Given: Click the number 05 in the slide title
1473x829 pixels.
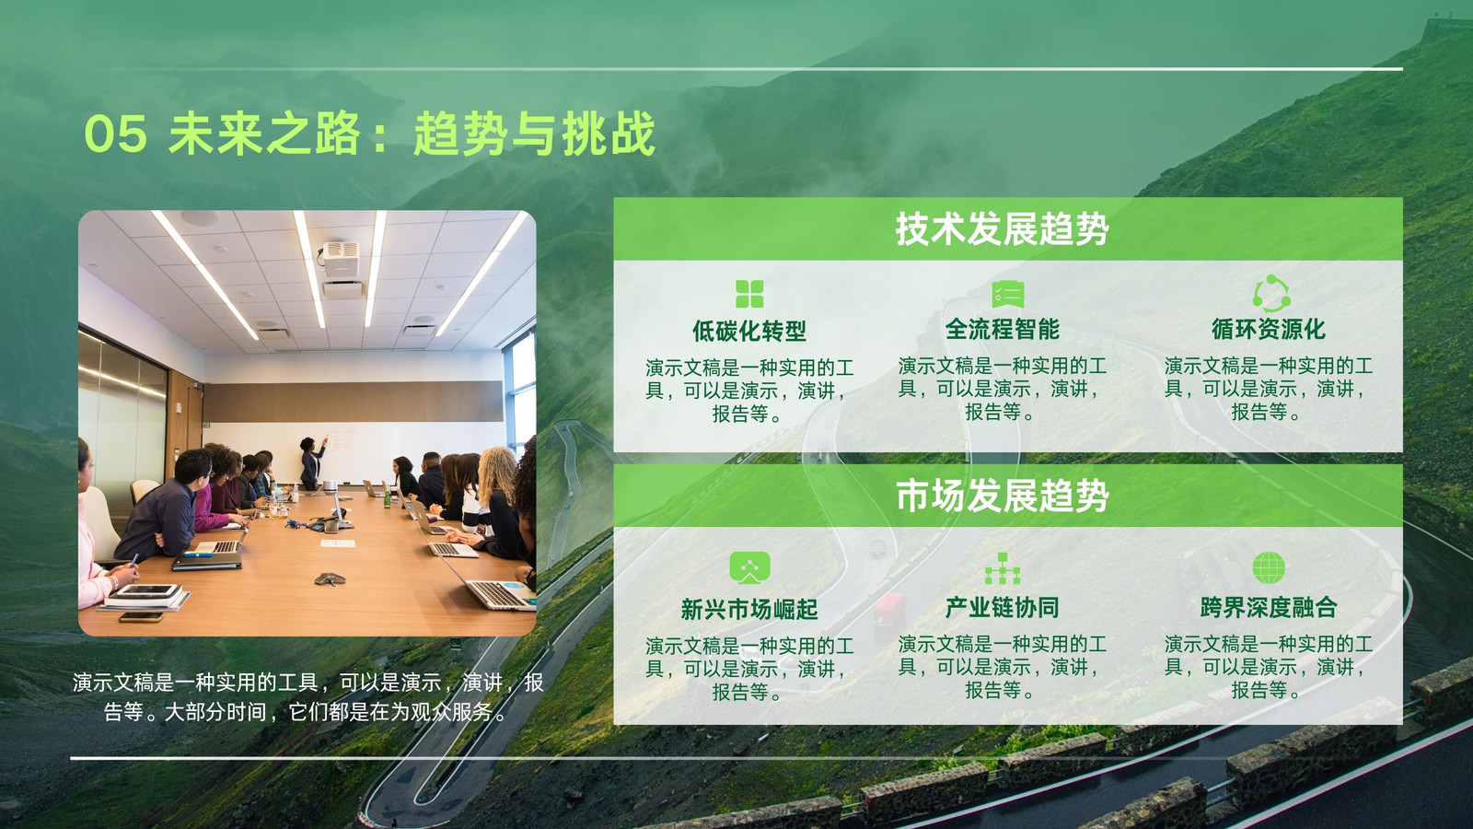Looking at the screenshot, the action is (x=116, y=134).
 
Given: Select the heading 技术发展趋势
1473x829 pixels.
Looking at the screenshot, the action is (x=1003, y=229).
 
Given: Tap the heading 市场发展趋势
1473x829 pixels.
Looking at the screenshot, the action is (x=1003, y=496).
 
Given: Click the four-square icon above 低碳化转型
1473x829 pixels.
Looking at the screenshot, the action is (x=749, y=294).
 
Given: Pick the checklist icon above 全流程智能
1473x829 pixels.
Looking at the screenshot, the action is (x=1007, y=294).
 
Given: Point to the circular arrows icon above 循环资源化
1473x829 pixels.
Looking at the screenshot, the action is (x=1271, y=294).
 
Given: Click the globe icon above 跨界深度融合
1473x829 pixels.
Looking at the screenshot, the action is (x=1269, y=567).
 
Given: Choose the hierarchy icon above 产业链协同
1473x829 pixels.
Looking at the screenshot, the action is (x=1003, y=568).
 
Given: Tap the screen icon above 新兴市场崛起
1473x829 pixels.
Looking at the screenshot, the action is (x=749, y=567).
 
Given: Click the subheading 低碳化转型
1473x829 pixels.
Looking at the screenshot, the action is (x=749, y=331).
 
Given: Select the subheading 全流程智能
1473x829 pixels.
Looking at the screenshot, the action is (x=1003, y=329).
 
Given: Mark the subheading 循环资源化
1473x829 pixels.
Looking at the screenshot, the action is (x=1269, y=329).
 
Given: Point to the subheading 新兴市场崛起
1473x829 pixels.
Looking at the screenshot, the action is (x=749, y=609).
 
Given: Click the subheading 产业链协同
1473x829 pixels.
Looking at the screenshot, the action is (x=1003, y=607).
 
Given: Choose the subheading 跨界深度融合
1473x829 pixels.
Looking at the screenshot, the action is (x=1269, y=607).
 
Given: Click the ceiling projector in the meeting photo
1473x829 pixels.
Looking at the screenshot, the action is (x=341, y=259).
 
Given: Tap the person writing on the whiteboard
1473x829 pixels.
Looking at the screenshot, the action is (x=311, y=462).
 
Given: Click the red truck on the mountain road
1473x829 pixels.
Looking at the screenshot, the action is (x=889, y=609).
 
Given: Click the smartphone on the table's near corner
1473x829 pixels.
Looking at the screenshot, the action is (x=142, y=617).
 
